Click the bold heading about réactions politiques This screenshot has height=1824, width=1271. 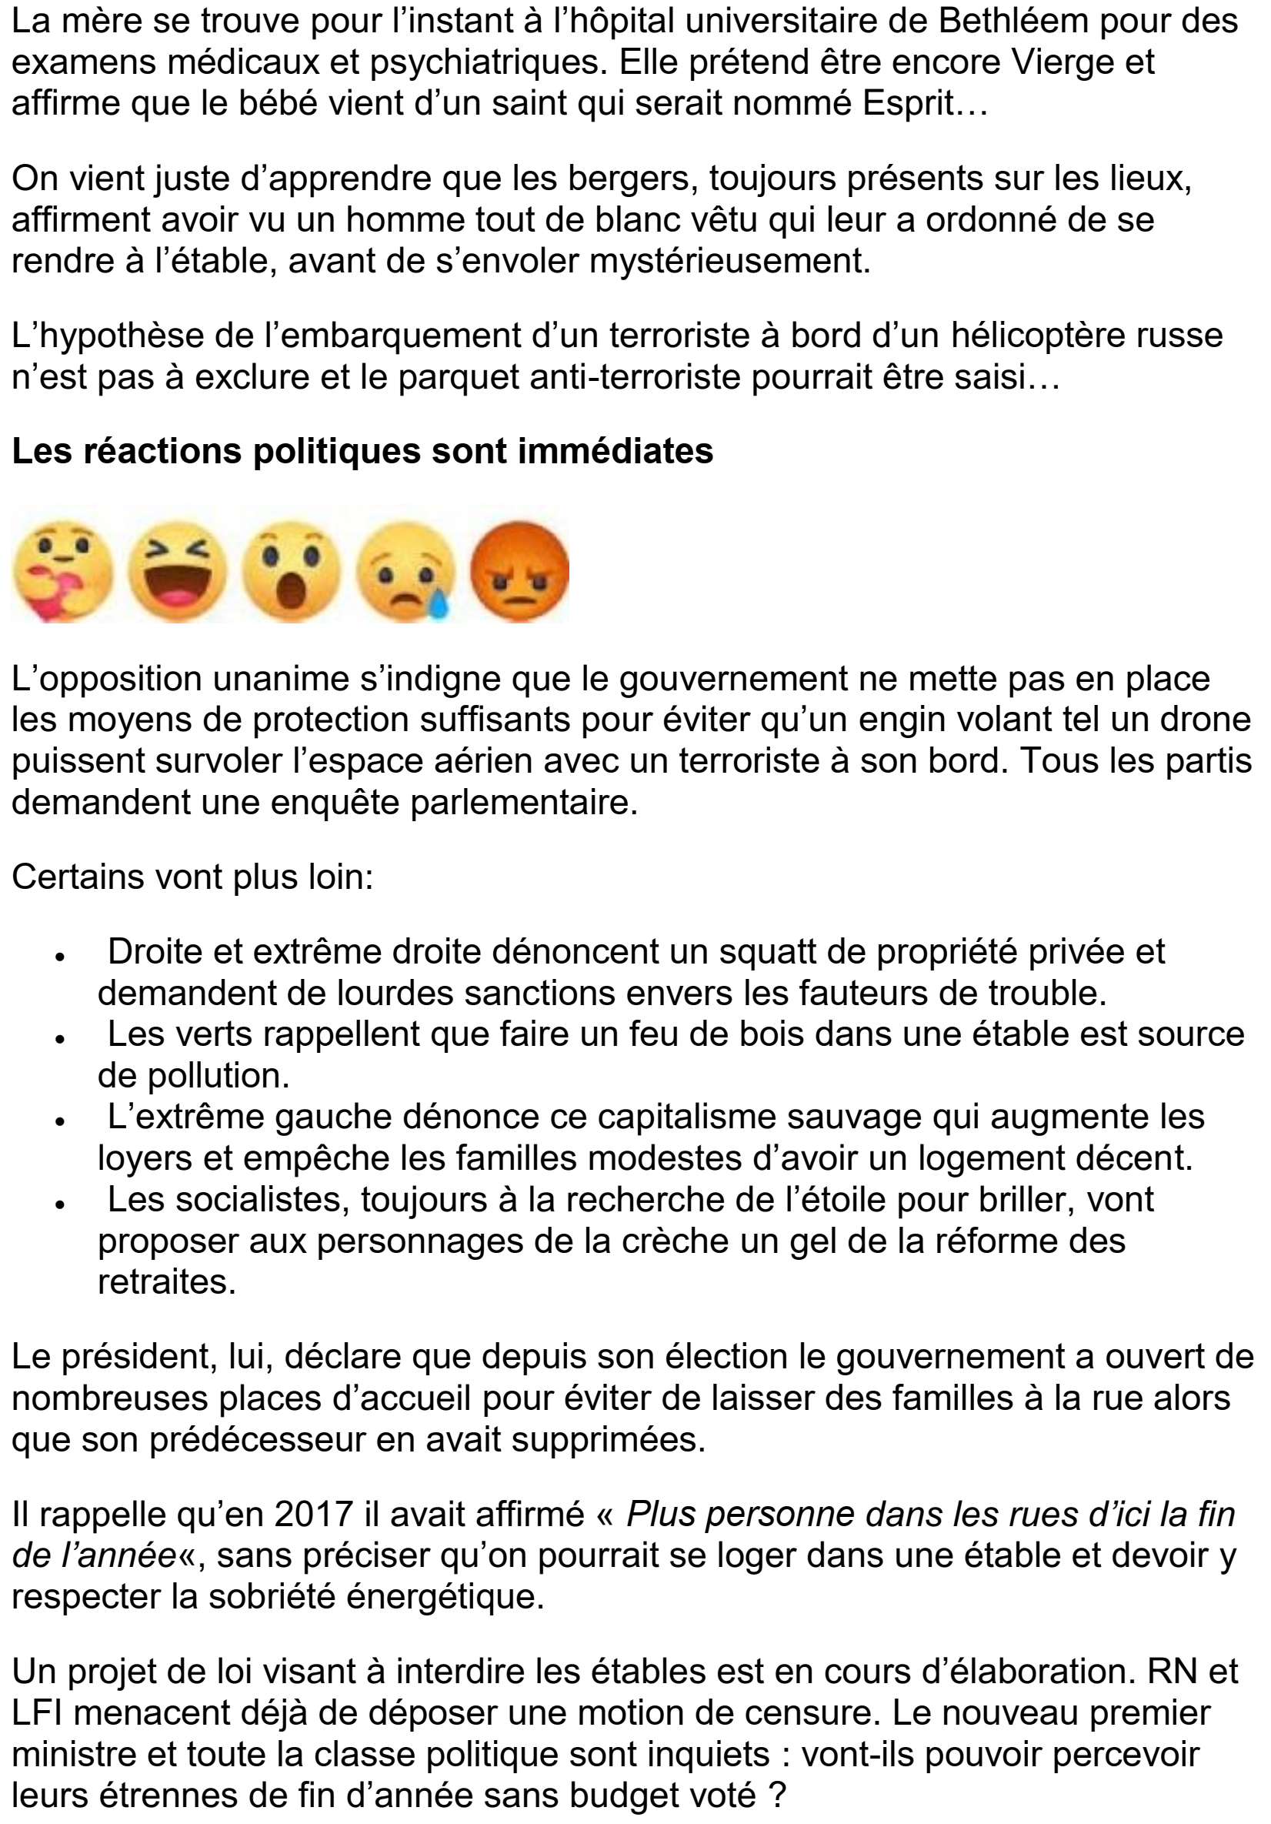362,451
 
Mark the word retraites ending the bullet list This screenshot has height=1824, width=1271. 167,1282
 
